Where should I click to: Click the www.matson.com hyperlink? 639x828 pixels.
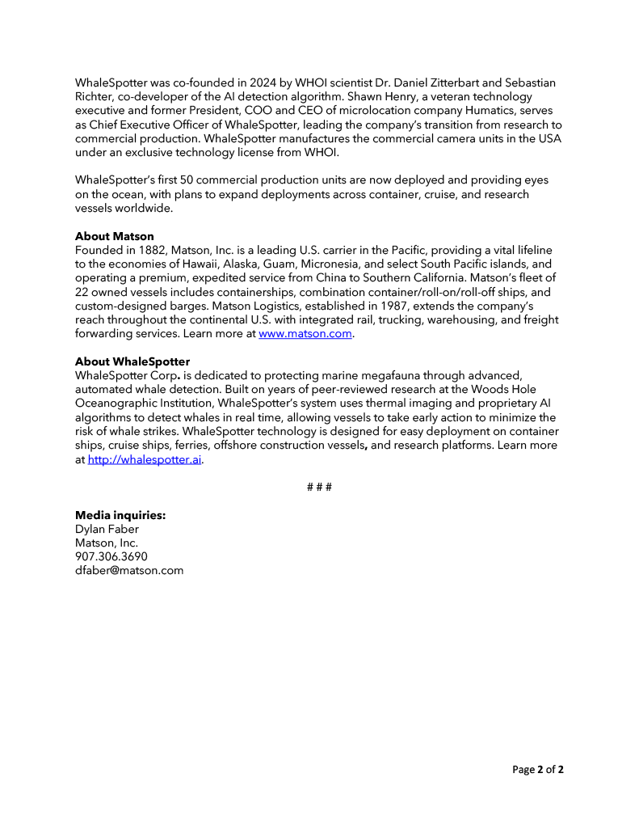coord(305,334)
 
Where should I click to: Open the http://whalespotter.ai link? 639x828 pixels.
coord(145,460)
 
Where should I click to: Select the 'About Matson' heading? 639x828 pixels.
coord(114,237)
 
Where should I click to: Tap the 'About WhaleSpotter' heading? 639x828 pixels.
coord(132,361)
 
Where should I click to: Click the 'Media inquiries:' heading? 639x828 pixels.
coord(120,515)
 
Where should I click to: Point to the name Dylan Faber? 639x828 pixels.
coord(107,530)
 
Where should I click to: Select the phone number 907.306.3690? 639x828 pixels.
coord(111,556)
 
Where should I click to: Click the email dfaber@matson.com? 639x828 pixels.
coord(129,570)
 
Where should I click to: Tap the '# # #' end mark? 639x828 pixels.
coord(319,487)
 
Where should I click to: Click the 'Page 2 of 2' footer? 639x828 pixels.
coord(538,770)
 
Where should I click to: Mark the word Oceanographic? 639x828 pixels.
coord(119,403)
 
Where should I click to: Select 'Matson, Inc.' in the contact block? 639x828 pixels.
coord(107,543)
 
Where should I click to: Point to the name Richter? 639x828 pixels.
coord(96,97)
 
